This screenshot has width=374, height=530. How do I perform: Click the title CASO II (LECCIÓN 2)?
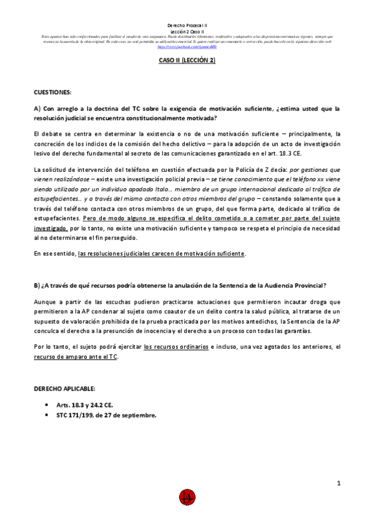pyautogui.click(x=187, y=61)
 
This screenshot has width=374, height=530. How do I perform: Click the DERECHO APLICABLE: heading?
pyautogui.click(x=65, y=388)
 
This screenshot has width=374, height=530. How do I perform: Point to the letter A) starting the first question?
pyautogui.click(x=37, y=108)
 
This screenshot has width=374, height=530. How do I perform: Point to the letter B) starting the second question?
pyautogui.click(x=37, y=286)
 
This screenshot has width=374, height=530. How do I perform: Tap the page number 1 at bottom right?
pyautogui.click(x=338, y=482)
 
